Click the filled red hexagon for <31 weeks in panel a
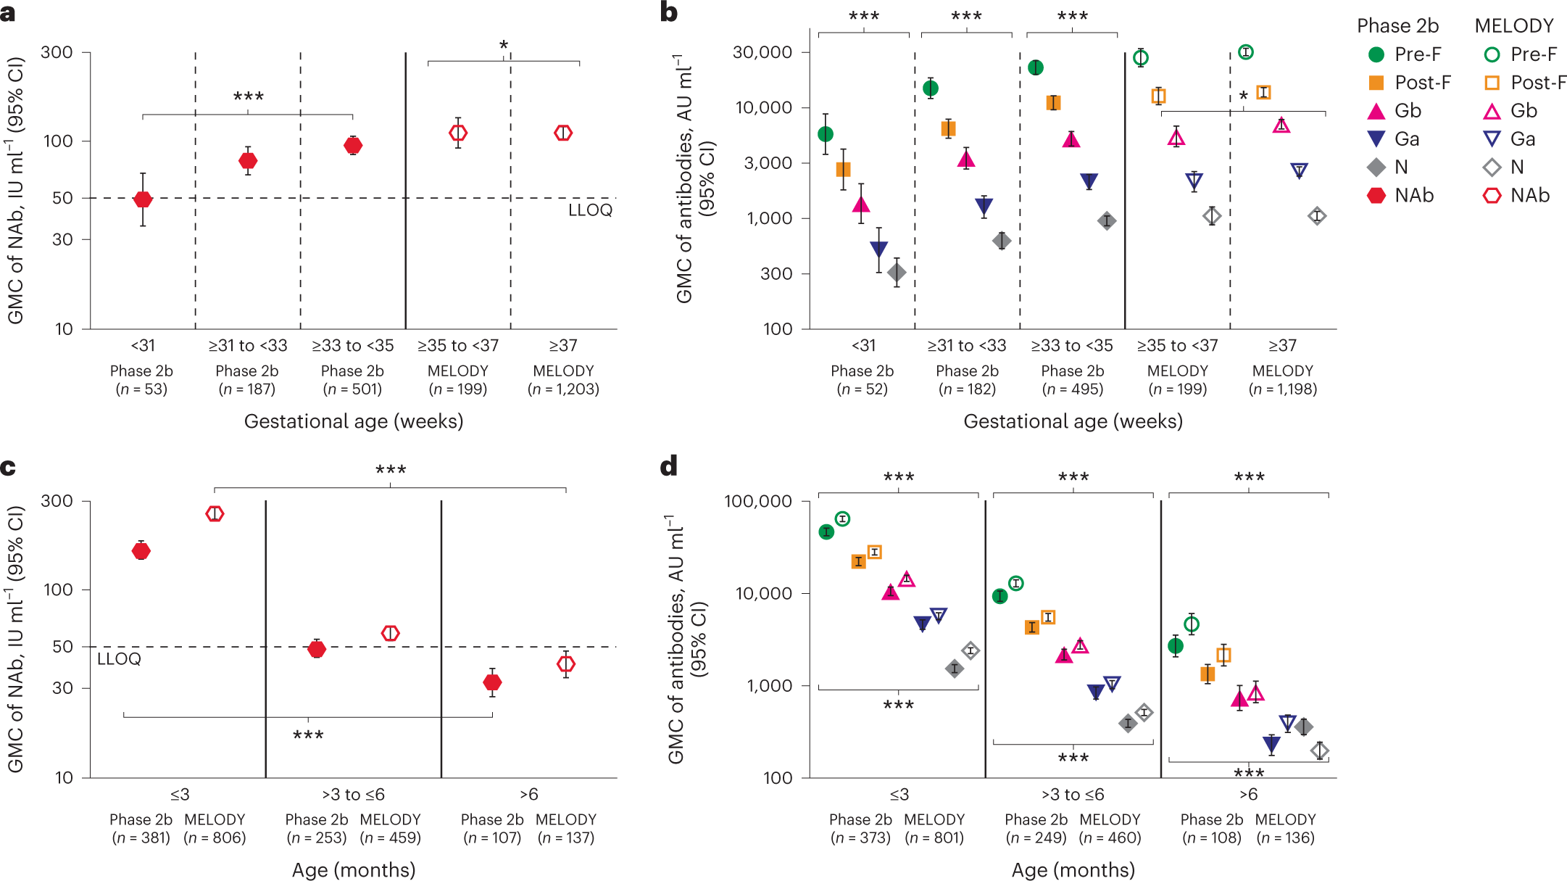click(x=143, y=199)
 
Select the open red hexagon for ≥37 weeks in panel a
click(x=563, y=133)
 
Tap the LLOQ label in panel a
click(x=590, y=210)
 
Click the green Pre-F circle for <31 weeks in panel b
click(x=825, y=134)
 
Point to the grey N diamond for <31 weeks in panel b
click(x=897, y=273)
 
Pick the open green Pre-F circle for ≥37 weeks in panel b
click(x=1245, y=52)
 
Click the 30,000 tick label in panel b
click(x=762, y=52)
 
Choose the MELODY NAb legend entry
click(x=1518, y=196)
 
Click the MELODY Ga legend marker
click(x=1492, y=138)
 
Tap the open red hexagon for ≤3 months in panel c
click(x=215, y=513)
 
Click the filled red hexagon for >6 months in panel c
click(x=492, y=682)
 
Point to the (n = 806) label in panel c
click(x=215, y=838)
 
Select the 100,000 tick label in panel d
click(x=757, y=501)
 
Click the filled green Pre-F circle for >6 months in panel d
click(x=1176, y=646)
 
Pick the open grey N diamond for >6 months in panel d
click(x=1320, y=750)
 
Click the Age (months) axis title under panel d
click(x=1073, y=869)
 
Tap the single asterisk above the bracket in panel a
click(x=504, y=46)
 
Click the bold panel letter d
click(x=668, y=466)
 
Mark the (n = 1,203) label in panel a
click(x=563, y=389)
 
